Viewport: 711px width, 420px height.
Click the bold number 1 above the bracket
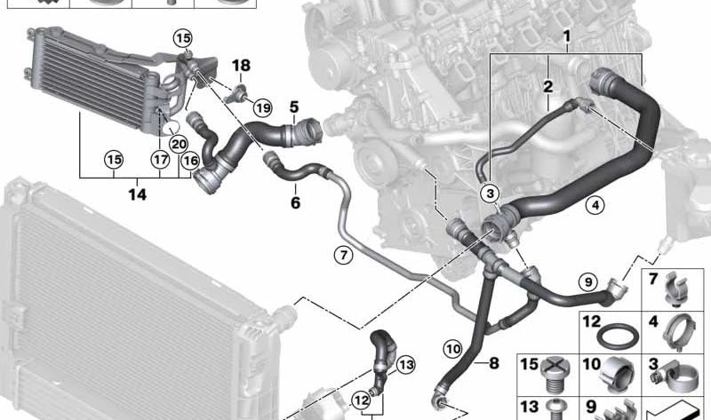click(566, 36)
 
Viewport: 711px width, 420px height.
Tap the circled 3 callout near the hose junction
click(490, 194)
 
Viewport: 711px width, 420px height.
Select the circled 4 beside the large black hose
click(595, 205)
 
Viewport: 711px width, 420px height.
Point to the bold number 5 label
click(294, 107)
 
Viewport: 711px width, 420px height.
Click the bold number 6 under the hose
click(295, 202)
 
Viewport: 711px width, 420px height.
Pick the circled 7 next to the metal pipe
click(343, 256)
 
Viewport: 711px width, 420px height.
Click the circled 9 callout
click(588, 282)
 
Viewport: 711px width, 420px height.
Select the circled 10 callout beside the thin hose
click(453, 349)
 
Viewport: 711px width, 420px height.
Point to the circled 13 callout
click(405, 365)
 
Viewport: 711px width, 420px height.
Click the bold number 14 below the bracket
click(138, 194)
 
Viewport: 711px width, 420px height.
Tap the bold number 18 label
click(241, 66)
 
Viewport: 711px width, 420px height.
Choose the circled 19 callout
click(262, 107)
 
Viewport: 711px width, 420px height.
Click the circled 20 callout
click(179, 145)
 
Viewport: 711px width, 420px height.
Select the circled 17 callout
click(160, 160)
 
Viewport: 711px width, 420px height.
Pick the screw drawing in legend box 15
click(554, 376)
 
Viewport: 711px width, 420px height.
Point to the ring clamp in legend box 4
click(679, 334)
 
